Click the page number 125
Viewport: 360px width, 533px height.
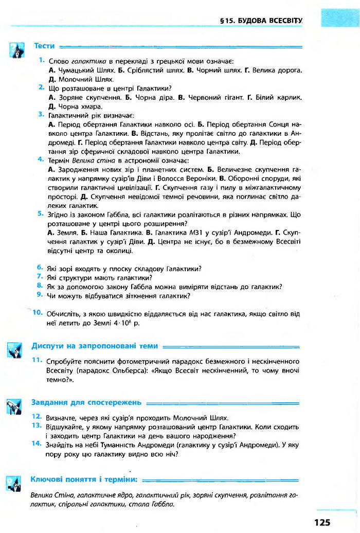[321, 522]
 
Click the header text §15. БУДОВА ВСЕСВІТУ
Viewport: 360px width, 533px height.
[261, 21]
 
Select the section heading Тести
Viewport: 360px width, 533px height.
[44, 46]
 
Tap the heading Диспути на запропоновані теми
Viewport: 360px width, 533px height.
[95, 346]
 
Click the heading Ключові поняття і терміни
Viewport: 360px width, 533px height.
[84, 479]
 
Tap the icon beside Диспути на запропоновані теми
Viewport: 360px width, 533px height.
[14, 350]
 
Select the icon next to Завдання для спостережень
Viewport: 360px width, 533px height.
[14, 406]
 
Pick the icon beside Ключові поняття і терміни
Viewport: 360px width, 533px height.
[14, 483]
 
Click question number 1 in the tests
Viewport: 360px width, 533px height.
[41, 60]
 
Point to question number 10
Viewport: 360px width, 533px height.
[38, 312]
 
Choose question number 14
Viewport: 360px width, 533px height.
[37, 442]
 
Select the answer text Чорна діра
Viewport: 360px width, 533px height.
[152, 97]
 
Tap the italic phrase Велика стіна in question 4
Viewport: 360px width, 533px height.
[90, 161]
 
